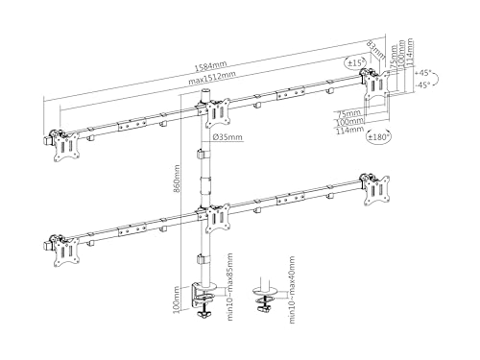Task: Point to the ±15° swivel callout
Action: tap(357, 63)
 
